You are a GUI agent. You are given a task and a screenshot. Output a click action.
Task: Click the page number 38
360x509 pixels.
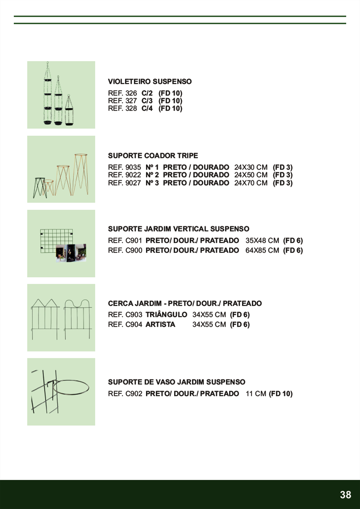[345, 495]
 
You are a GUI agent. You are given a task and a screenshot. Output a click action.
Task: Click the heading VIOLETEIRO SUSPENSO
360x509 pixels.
[150, 82]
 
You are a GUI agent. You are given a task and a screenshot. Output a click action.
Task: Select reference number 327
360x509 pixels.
[131, 101]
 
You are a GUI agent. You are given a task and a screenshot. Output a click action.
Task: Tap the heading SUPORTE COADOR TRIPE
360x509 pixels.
[153, 156]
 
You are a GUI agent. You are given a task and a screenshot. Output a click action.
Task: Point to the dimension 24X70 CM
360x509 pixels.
[251, 183]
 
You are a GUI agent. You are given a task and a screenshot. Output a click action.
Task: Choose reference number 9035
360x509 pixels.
[134, 167]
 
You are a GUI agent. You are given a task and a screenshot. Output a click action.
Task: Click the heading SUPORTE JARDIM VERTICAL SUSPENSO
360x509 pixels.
[179, 229]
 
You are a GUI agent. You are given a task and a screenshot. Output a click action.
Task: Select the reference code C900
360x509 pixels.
[134, 250]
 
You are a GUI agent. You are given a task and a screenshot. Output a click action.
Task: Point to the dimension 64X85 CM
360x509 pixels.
[262, 250]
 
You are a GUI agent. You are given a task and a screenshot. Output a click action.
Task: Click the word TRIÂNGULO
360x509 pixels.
[166, 315]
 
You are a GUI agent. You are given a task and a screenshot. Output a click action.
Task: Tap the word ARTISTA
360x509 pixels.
[160, 325]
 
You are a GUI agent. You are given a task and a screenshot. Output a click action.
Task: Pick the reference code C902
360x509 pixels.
[134, 394]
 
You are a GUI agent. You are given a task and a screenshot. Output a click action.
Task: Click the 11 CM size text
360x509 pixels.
[256, 394]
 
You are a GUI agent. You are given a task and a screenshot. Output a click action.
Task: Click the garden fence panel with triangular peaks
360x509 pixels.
[45, 317]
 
